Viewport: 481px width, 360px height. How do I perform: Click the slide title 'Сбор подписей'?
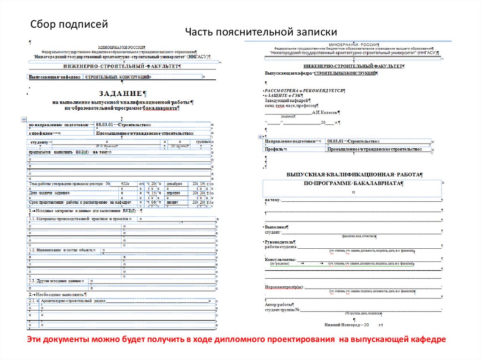[70, 24]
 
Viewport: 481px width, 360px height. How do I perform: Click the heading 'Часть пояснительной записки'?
[261, 32]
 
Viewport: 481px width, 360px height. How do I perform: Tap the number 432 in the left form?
[124, 184]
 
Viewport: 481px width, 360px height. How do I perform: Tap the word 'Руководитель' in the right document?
[279, 241]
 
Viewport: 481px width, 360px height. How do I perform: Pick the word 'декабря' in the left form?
[174, 184]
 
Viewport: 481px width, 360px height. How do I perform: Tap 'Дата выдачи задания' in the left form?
[49, 193]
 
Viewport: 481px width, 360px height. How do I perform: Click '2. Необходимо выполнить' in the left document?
[56, 294]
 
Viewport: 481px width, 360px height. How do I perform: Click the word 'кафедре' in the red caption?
[428, 339]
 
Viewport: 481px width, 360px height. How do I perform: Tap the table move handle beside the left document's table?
[24, 120]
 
